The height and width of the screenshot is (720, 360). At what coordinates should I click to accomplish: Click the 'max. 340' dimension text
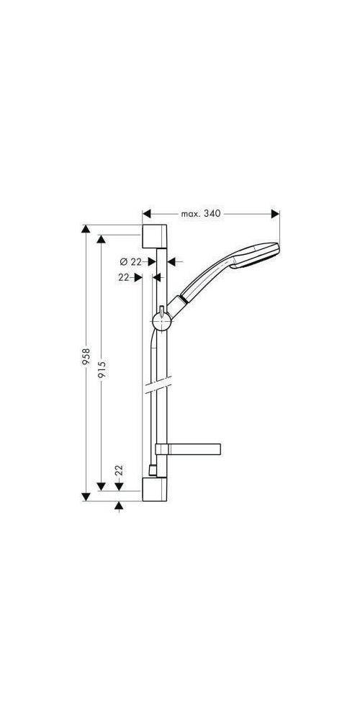coord(199,214)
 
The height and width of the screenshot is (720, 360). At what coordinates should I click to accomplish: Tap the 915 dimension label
coord(102,370)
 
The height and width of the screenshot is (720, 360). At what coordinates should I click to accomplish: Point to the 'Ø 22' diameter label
coord(130,261)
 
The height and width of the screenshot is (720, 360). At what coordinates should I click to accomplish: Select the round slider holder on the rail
coord(162,319)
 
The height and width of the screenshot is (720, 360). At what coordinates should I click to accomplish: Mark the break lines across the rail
coord(157,390)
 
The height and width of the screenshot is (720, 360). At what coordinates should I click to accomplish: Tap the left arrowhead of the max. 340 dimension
coord(147,214)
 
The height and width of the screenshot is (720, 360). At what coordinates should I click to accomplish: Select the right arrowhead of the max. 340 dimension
coord(274,214)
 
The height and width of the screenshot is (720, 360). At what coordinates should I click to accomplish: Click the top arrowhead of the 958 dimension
coord(86,230)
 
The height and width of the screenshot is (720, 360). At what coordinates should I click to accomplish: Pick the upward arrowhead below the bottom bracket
coord(119,507)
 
